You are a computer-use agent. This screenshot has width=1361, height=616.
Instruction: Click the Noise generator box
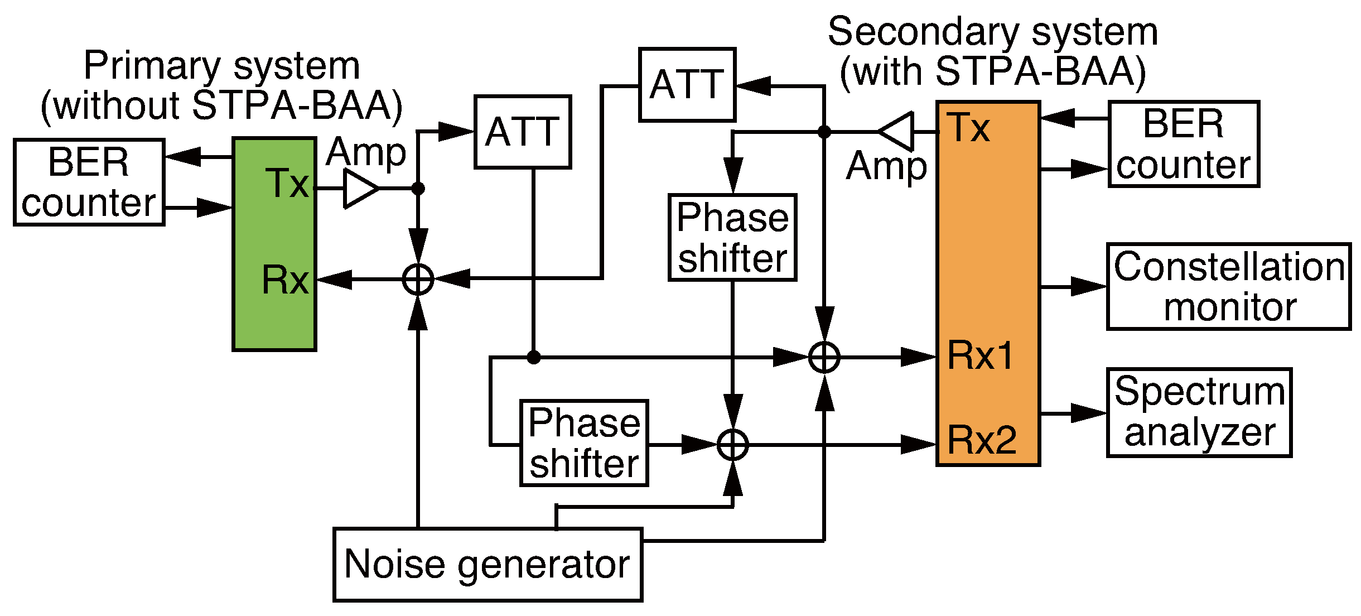(x=488, y=564)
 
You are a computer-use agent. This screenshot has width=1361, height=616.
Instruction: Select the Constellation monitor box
(x=1228, y=286)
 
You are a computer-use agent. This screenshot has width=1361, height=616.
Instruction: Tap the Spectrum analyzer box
(x=1199, y=412)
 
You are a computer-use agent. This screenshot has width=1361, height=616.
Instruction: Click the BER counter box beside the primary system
(x=89, y=182)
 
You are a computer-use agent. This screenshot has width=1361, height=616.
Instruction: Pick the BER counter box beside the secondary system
(x=1184, y=144)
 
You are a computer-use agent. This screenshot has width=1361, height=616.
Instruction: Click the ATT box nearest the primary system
(x=523, y=132)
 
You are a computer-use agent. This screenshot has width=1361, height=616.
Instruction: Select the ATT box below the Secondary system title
(x=687, y=85)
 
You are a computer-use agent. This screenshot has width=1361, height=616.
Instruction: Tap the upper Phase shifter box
(x=732, y=238)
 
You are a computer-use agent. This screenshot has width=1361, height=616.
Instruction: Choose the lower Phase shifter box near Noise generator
(x=584, y=443)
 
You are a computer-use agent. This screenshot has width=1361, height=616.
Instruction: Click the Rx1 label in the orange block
(x=980, y=355)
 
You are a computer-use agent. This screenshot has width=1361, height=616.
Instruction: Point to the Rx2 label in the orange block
(x=982, y=440)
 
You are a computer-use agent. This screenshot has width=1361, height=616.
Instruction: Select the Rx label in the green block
(x=285, y=280)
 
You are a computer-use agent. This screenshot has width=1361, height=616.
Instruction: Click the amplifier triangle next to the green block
(x=359, y=189)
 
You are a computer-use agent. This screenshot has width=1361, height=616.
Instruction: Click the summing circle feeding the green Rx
(x=418, y=278)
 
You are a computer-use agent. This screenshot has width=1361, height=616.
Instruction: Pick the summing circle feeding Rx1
(x=824, y=357)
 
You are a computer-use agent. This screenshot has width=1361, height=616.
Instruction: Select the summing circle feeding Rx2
(x=732, y=445)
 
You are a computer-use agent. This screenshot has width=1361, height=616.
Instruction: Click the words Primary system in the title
(x=221, y=66)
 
